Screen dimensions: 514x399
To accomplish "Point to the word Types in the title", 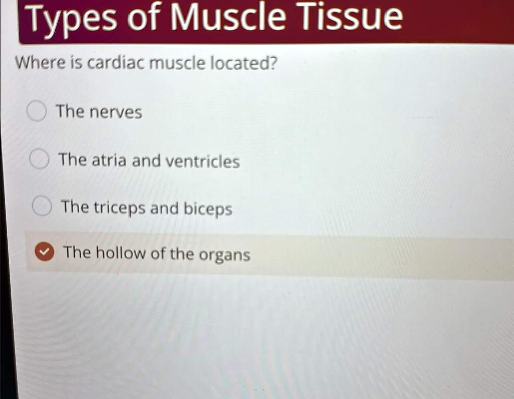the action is [71, 20].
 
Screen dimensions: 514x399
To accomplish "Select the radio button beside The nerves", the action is [36, 111].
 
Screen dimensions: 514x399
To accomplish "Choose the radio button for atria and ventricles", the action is [39, 159].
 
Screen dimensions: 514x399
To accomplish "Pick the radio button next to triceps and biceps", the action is [42, 206].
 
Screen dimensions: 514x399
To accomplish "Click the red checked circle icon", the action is [45, 251].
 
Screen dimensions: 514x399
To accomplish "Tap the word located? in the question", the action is [243, 63].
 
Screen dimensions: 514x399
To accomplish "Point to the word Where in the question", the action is [40, 62].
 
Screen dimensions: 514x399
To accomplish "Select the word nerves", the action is [116, 113].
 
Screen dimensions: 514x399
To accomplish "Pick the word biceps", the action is [208, 209].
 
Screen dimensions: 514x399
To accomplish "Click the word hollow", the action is [120, 253].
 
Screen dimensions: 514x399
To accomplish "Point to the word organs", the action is [225, 255].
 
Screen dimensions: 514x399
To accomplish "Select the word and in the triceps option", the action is [164, 208].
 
